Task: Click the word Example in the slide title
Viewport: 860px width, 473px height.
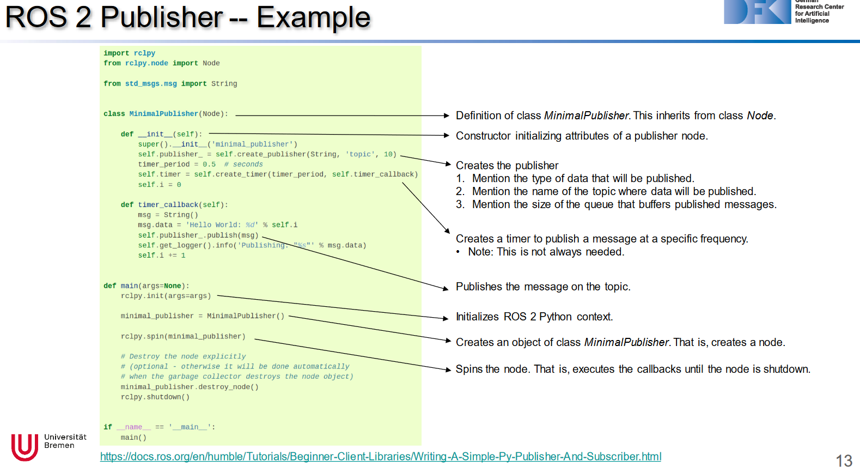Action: (x=313, y=17)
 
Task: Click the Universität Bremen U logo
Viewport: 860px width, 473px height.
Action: (x=25, y=447)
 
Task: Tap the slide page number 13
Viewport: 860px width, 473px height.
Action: (x=844, y=460)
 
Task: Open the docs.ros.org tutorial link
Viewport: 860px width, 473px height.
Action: (x=380, y=457)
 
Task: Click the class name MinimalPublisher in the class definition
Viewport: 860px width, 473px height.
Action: (x=163, y=114)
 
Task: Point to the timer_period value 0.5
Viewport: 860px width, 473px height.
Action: (x=209, y=165)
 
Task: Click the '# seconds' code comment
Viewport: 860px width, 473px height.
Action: (x=243, y=165)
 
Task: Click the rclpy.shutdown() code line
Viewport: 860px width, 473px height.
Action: (x=155, y=397)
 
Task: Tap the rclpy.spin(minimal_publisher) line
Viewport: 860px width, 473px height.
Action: (x=183, y=337)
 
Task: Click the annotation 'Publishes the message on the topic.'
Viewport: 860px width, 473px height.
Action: (x=542, y=287)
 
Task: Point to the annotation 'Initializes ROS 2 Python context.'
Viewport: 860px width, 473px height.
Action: (x=534, y=317)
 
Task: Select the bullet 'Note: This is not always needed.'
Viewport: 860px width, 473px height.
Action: (x=546, y=252)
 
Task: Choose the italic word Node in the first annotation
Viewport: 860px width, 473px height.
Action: (x=760, y=116)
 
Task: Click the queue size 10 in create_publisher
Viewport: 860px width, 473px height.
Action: (x=388, y=155)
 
